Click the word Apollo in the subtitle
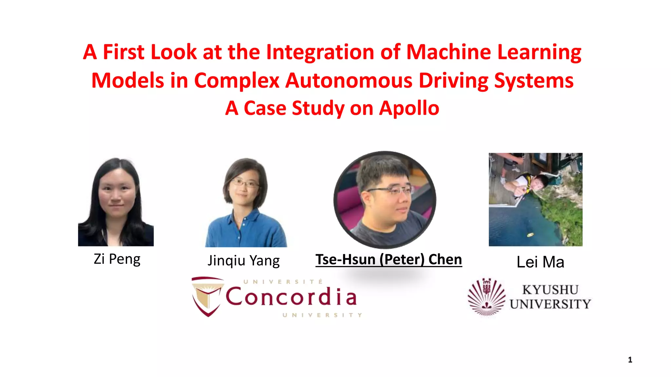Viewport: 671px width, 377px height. coord(409,108)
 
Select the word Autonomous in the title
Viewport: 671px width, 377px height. coord(349,81)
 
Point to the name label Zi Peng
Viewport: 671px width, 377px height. coord(117,259)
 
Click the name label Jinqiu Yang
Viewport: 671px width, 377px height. coord(244,261)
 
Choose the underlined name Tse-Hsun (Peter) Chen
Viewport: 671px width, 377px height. coord(389,260)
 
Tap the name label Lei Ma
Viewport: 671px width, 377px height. coord(540,262)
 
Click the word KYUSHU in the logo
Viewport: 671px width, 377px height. coord(550,290)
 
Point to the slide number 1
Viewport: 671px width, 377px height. coord(630,360)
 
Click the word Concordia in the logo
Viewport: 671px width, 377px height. coord(291,297)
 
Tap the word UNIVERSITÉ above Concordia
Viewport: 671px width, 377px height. coord(283,282)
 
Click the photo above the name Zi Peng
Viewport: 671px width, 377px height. coord(116,202)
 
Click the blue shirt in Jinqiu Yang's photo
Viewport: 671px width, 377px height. coord(246,231)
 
